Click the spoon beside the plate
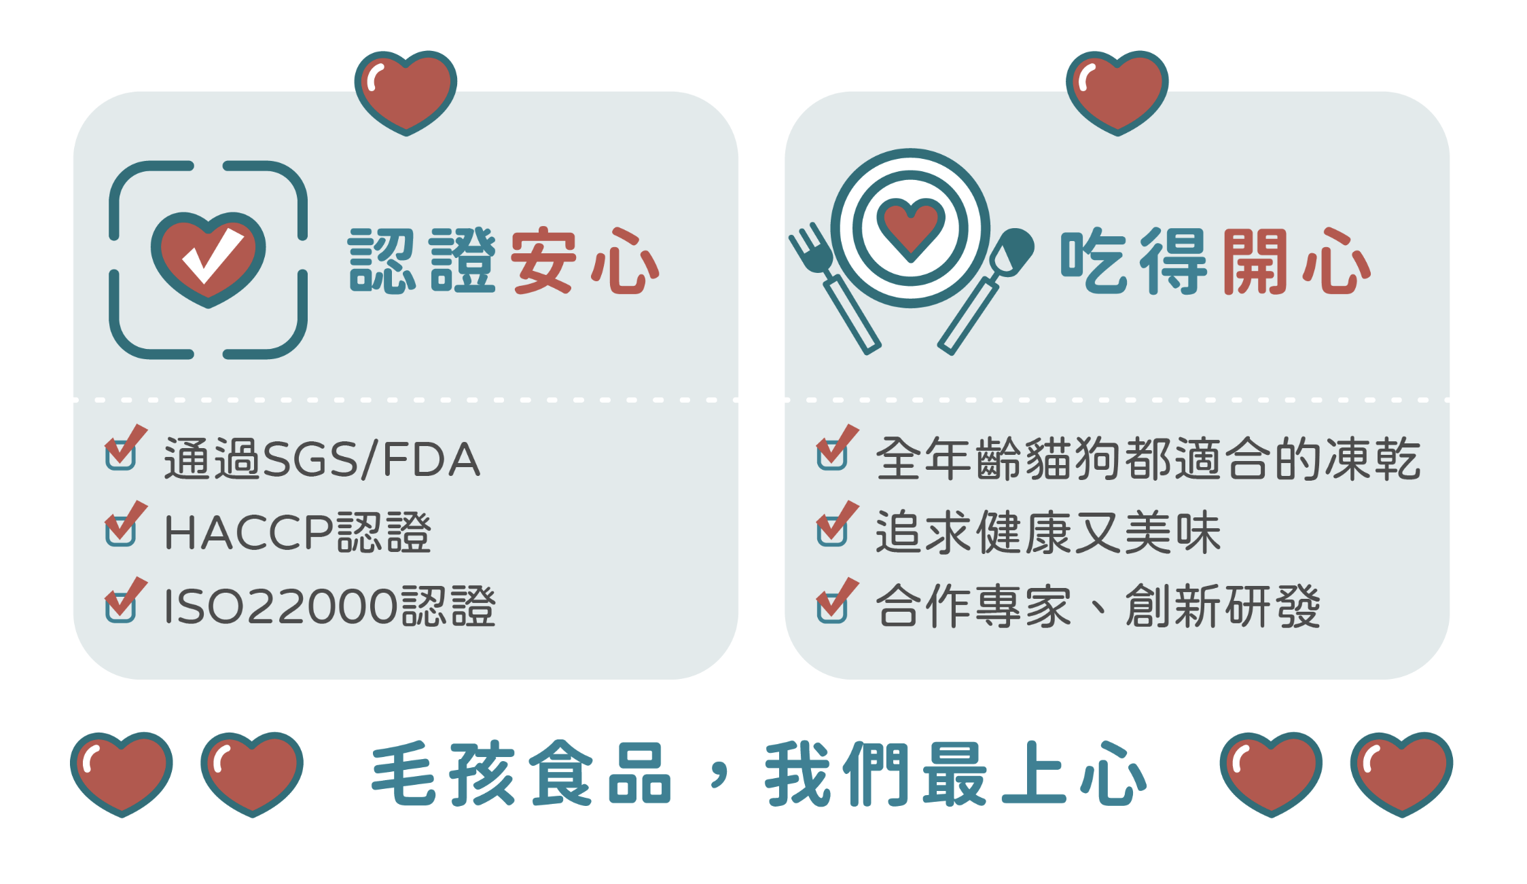tap(988, 289)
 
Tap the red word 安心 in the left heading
tap(585, 261)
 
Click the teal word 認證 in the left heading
tap(422, 261)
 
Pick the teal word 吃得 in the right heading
tap(1133, 261)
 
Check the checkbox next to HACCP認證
tap(122, 530)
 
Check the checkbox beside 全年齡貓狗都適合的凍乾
tap(833, 454)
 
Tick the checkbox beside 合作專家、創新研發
tap(833, 606)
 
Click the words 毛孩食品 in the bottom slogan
tap(522, 775)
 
